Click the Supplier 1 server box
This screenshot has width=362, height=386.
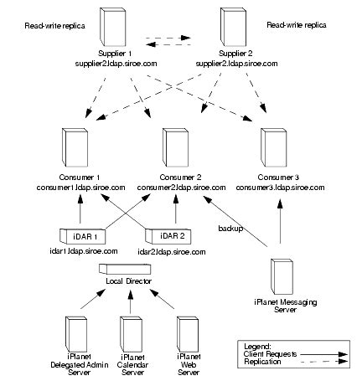[112, 27]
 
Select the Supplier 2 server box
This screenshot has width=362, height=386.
[233, 27]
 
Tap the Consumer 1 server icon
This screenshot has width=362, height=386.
[75, 147]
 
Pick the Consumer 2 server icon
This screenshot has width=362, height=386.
[175, 147]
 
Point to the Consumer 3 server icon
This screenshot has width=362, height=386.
[274, 147]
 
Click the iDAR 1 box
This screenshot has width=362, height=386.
[83, 236]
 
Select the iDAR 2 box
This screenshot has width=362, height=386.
[168, 236]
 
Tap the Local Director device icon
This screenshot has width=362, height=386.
[125, 269]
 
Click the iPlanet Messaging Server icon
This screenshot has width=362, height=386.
[282, 276]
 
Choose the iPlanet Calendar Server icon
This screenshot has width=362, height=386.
[131, 334]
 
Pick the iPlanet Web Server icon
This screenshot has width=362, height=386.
[188, 334]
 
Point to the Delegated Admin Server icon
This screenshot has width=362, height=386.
[76, 334]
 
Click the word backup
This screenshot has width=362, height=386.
[230, 229]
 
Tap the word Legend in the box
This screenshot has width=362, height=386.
[257, 347]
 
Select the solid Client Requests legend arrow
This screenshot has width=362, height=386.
[323, 354]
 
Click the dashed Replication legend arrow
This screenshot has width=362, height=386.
[323, 362]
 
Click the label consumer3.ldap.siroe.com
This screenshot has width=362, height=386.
[280, 188]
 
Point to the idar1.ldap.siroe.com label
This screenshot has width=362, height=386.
[84, 251]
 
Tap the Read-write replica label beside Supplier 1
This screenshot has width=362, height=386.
[54, 26]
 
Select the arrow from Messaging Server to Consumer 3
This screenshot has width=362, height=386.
[280, 223]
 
